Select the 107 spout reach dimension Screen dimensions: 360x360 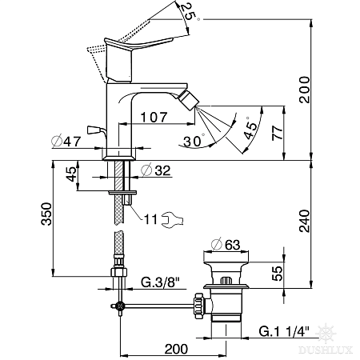[154, 117]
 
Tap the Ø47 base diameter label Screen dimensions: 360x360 [66, 141]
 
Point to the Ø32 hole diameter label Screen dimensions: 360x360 [156, 170]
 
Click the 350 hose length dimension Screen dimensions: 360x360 [47, 214]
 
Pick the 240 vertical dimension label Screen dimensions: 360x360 [304, 221]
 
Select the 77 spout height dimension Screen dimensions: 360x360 [278, 133]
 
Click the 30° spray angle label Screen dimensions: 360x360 [194, 141]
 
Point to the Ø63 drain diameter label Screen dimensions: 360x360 [226, 245]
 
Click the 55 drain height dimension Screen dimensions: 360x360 [278, 274]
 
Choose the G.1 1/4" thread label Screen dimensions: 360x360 [284, 331]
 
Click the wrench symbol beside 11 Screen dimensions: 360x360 [172, 220]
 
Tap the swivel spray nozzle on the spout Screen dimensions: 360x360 [190, 100]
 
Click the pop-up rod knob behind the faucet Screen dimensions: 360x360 [94, 130]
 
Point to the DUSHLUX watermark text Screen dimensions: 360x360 [326, 350]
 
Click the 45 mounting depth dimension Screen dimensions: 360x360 [71, 174]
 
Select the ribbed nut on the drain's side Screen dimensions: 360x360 [200, 306]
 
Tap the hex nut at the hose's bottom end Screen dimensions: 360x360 [118, 273]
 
